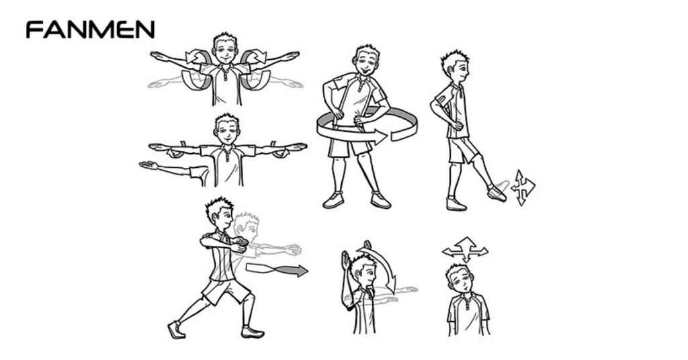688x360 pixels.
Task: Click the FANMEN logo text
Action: click(90, 30)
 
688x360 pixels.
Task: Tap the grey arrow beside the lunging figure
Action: click(276, 269)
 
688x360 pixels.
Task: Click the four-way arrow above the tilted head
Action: click(465, 250)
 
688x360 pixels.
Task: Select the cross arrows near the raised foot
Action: click(523, 187)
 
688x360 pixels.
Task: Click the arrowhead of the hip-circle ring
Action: click(379, 136)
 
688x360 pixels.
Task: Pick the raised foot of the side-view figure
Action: click(497, 193)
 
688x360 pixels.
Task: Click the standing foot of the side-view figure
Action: click(456, 204)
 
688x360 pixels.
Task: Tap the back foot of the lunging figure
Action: click(176, 330)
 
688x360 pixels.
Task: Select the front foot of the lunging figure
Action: click(253, 332)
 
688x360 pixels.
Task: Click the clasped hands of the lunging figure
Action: click(239, 244)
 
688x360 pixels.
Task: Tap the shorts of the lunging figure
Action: click(225, 289)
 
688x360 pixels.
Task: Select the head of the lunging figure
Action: click(220, 214)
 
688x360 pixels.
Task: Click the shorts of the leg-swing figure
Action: click(462, 150)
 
